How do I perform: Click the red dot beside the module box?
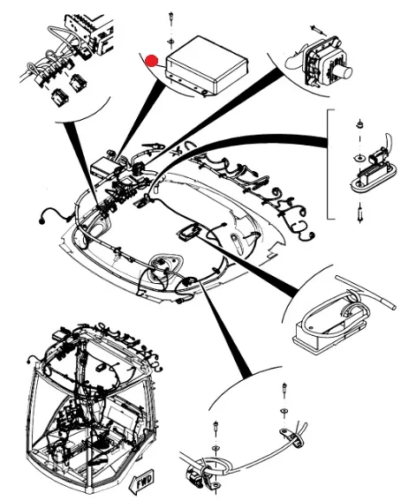[152, 61]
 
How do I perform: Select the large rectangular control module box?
[207, 65]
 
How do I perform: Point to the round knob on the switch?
[344, 73]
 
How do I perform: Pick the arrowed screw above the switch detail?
[318, 30]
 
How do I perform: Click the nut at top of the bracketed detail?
[359, 123]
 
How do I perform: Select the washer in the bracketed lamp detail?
[360, 158]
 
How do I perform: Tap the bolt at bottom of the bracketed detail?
[360, 213]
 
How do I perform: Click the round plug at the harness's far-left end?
[42, 220]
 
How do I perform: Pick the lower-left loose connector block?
[59, 97]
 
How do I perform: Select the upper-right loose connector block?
[78, 83]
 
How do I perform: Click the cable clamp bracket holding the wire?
[292, 437]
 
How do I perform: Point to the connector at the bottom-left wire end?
[194, 476]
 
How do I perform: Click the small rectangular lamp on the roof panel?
[189, 233]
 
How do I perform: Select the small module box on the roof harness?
[102, 166]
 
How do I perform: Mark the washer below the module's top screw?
[171, 41]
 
